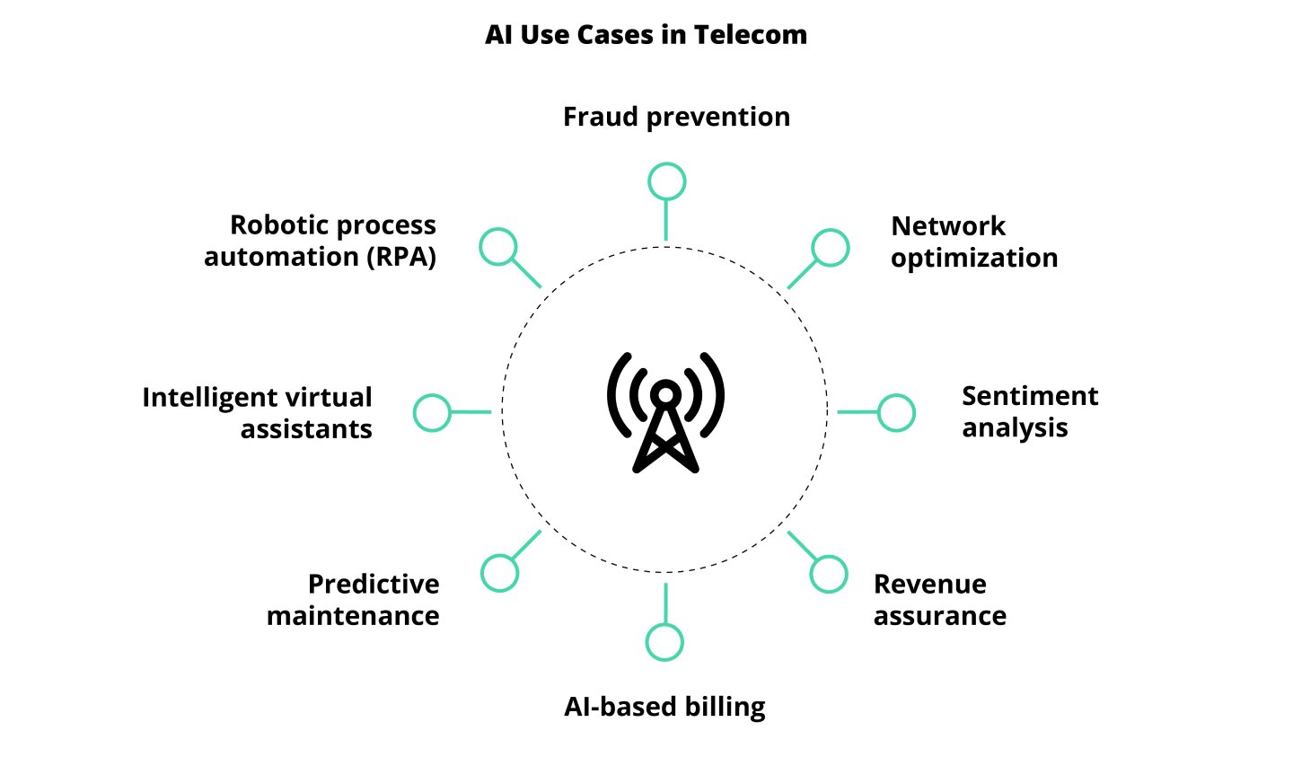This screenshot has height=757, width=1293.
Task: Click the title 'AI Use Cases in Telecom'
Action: [x=646, y=35]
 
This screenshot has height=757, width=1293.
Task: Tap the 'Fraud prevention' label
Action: [x=676, y=117]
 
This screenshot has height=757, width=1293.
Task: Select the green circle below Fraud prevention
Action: [x=666, y=181]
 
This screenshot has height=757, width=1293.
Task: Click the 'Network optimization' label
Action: [x=973, y=242]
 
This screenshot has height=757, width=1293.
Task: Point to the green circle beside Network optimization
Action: [x=830, y=248]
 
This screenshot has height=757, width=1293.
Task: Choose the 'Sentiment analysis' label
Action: [x=1029, y=411]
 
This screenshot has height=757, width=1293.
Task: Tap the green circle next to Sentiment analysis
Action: [x=896, y=413]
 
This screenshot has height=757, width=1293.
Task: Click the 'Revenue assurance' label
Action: [x=939, y=600]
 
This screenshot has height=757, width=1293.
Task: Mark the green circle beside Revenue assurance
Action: [x=828, y=574]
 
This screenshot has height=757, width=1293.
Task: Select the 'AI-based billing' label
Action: [x=664, y=707]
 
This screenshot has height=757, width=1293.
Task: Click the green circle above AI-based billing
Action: [x=664, y=642]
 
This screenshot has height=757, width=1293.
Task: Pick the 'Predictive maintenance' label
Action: [x=353, y=600]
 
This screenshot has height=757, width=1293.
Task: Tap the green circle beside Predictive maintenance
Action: [x=499, y=573]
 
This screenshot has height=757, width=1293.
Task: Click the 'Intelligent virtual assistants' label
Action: [x=257, y=413]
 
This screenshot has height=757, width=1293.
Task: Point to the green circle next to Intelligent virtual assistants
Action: [x=432, y=413]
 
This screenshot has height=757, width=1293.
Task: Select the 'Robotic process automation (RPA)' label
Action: [x=320, y=241]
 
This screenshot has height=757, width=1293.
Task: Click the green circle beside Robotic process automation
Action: [x=498, y=247]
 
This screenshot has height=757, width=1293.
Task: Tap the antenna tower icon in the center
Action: [x=665, y=413]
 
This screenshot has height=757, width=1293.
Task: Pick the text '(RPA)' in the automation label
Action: [x=400, y=258]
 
